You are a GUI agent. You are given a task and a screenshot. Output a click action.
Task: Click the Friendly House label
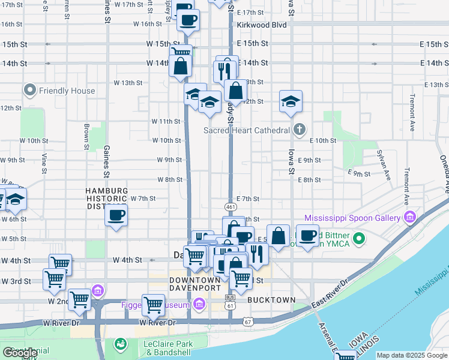(x=67, y=91)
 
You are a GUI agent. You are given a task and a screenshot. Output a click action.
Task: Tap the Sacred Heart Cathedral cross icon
(x=300, y=130)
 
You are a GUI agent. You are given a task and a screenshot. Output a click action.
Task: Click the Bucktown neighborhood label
(x=272, y=299)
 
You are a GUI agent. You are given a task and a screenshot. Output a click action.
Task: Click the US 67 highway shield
(x=247, y=322)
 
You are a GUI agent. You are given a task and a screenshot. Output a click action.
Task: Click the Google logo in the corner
(x=20, y=353)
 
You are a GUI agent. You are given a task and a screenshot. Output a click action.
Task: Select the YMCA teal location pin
(x=360, y=239)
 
